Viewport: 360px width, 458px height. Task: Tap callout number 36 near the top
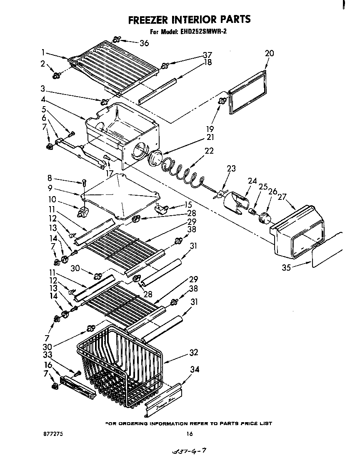(144, 43)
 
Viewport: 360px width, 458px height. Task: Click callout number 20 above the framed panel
(269, 53)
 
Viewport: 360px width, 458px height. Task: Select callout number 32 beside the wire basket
(193, 353)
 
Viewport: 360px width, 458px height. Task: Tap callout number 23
(231, 169)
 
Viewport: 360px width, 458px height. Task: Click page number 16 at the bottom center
(189, 434)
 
